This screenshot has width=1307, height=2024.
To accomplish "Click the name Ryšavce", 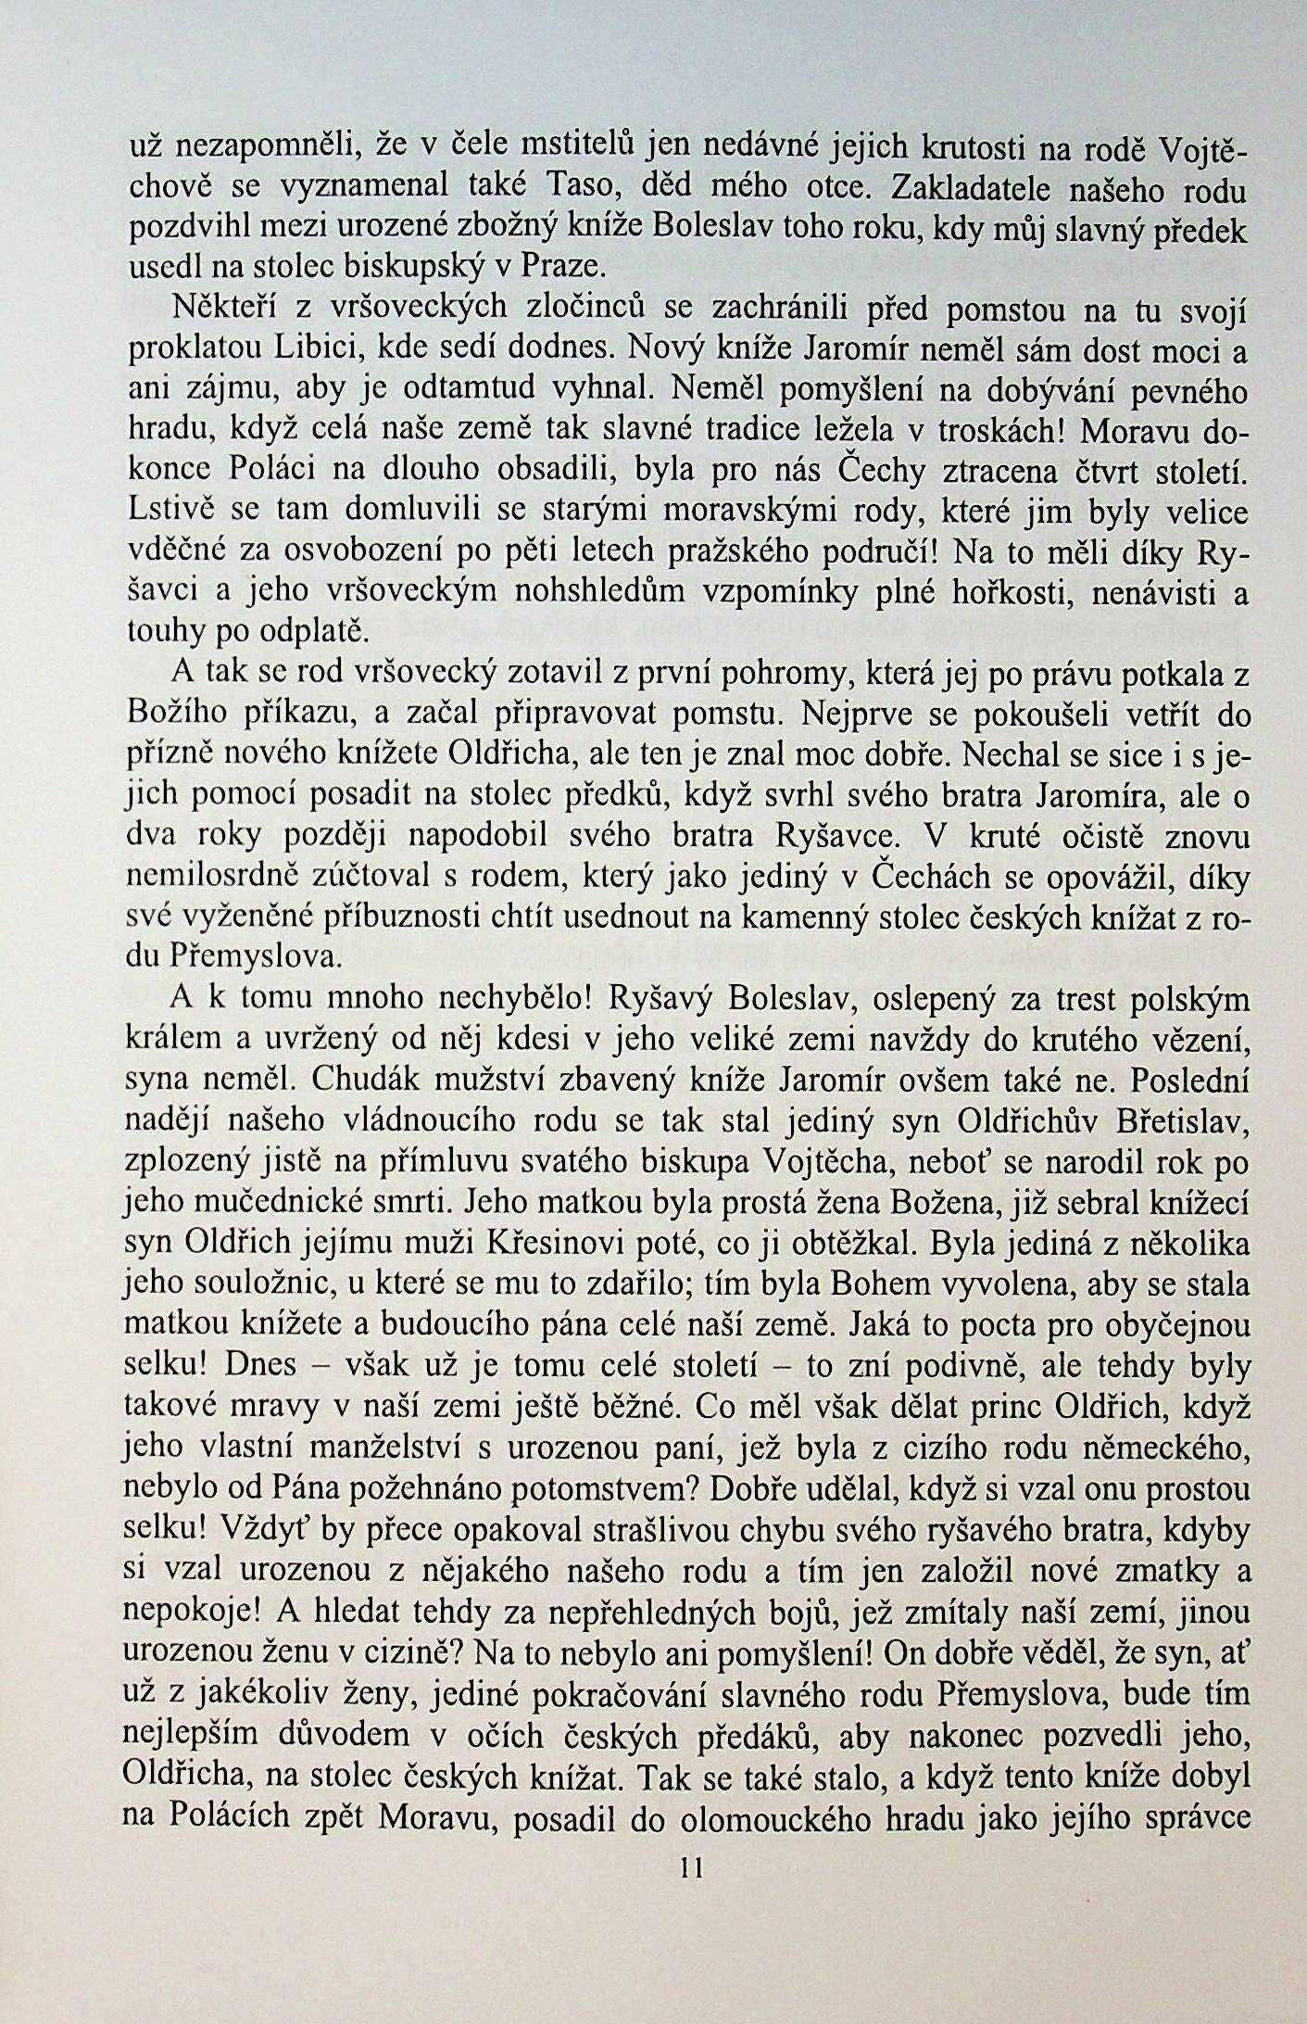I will [x=836, y=838].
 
